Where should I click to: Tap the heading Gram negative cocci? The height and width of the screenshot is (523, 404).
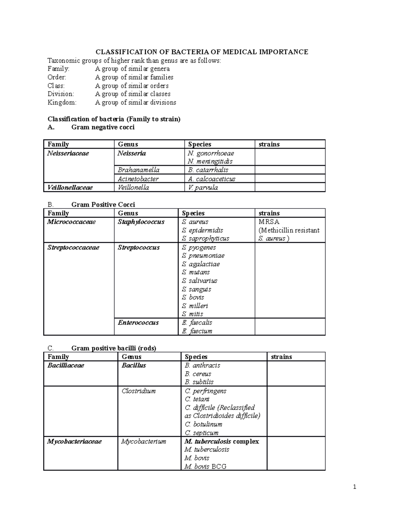pyautogui.click(x=103, y=127)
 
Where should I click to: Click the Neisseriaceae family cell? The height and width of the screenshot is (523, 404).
pyautogui.click(x=68, y=153)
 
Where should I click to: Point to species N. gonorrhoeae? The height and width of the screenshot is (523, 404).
pyautogui.click(x=211, y=153)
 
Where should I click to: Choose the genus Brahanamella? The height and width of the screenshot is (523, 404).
pyautogui.click(x=138, y=170)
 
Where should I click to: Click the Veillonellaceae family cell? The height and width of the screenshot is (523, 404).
pyautogui.click(x=70, y=188)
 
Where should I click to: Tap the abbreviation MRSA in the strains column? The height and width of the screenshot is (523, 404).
pyautogui.click(x=269, y=222)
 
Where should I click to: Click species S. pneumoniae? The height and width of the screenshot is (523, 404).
pyautogui.click(x=203, y=256)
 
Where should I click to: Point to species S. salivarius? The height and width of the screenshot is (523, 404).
pyautogui.click(x=199, y=281)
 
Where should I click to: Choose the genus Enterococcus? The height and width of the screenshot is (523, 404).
pyautogui.click(x=138, y=323)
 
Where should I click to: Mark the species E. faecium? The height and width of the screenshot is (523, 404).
pyautogui.click(x=197, y=331)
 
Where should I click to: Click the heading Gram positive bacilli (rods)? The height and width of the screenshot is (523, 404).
pyautogui.click(x=114, y=348)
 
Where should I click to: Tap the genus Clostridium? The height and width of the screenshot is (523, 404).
pyautogui.click(x=138, y=391)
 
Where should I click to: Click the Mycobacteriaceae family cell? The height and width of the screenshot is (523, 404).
pyautogui.click(x=74, y=442)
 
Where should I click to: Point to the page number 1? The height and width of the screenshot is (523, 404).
pyautogui.click(x=355, y=487)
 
